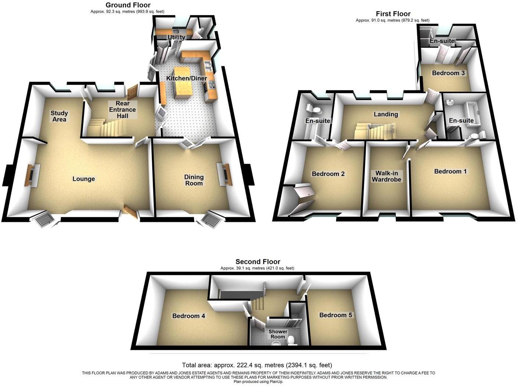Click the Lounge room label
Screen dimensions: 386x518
pyautogui.click(x=84, y=179)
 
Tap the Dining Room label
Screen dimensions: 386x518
pyautogui.click(x=194, y=180)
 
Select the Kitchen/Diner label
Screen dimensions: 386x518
pyautogui.click(x=187, y=78)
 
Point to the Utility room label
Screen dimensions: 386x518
pyautogui.click(x=176, y=37)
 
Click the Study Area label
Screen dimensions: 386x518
pyautogui.click(x=59, y=116)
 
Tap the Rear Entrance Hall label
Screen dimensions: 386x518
pyautogui.click(x=123, y=110)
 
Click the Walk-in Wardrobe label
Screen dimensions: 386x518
pyautogui.click(x=387, y=176)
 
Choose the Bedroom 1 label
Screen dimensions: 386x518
pyautogui.click(x=450, y=171)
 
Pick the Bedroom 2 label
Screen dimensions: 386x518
pyautogui.click(x=328, y=174)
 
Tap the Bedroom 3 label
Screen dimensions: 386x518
pyautogui.click(x=448, y=73)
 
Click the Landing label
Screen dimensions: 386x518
pyautogui.click(x=386, y=114)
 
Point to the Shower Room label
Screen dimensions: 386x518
pyautogui.click(x=278, y=334)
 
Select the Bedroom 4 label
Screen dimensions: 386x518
pyautogui.click(x=189, y=316)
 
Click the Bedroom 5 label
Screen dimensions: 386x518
pyautogui.click(x=336, y=315)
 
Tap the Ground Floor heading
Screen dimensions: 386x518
pyautogui.click(x=128, y=5)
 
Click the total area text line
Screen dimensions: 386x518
pyautogui.click(x=257, y=365)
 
